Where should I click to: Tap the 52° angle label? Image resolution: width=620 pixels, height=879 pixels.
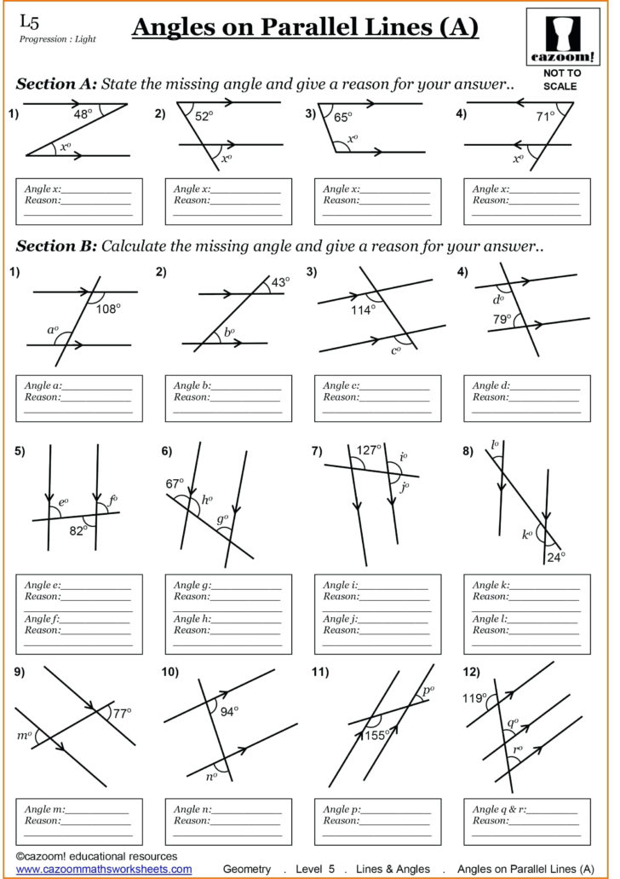(204, 117)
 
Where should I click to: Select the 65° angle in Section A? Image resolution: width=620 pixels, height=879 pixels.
(342, 119)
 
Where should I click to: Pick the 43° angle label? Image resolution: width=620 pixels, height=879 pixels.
(280, 281)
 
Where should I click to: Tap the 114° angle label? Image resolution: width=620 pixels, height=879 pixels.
(363, 309)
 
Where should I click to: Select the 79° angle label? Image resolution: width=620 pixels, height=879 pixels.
(502, 320)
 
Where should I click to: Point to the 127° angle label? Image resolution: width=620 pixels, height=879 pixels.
(369, 451)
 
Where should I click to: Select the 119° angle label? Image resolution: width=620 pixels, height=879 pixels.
(474, 697)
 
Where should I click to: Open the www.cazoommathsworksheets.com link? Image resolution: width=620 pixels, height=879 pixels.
(104, 869)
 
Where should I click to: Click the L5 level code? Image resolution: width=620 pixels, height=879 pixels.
(29, 20)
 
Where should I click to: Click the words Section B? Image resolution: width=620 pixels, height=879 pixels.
(55, 246)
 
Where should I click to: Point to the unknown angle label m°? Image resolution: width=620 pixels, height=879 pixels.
(24, 735)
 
